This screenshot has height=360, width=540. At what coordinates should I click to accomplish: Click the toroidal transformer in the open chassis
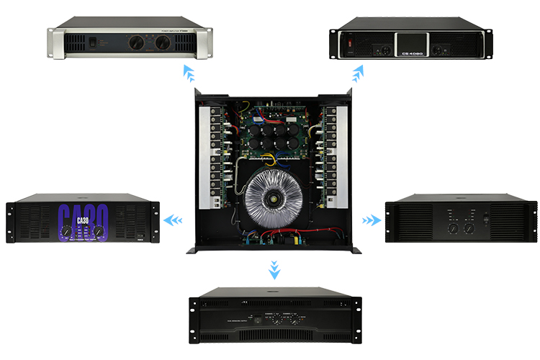point(273,199)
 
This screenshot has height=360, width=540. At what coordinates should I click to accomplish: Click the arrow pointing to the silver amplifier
point(189,72)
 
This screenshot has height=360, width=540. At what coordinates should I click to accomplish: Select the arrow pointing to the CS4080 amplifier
point(358,72)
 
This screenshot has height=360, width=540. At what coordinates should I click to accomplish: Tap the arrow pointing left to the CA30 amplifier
point(174,219)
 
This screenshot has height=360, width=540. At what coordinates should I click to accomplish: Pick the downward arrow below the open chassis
point(273,270)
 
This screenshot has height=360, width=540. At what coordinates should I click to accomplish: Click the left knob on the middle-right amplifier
point(454,229)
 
